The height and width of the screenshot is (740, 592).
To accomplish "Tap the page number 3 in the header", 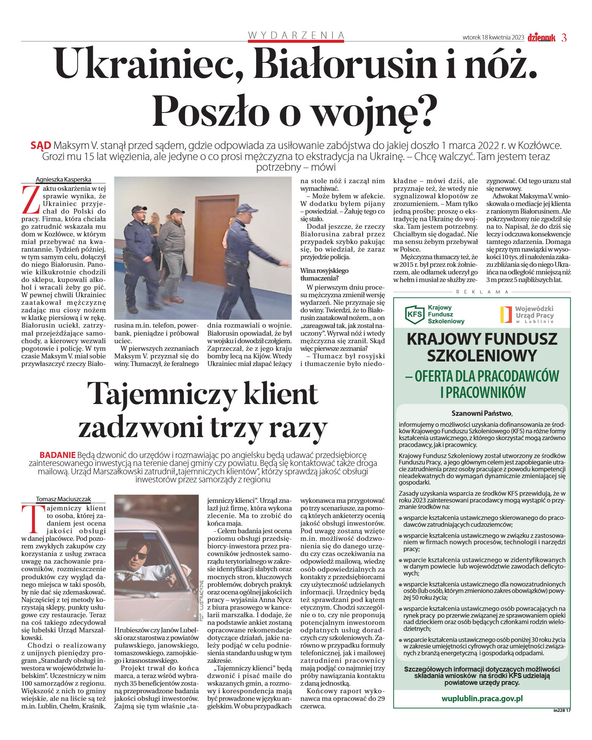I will pyautogui.click(x=564, y=38).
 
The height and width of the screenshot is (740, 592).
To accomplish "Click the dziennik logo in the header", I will pyautogui.click(x=541, y=38).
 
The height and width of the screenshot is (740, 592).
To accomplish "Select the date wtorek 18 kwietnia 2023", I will pyautogui.click(x=493, y=38).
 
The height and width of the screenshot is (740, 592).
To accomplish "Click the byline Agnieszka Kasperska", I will pyautogui.click(x=63, y=179).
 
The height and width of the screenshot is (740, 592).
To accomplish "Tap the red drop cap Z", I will pyautogui.click(x=31, y=200).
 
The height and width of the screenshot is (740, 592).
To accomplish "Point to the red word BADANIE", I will pyautogui.click(x=57, y=455).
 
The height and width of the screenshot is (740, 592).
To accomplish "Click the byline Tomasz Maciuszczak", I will pyautogui.click(x=63, y=499).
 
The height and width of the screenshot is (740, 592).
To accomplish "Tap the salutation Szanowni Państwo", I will pyautogui.click(x=482, y=413).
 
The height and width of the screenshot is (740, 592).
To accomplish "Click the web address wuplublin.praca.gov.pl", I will pyautogui.click(x=482, y=698).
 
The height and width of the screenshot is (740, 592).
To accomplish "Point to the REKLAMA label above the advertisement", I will pyautogui.click(x=482, y=292).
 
